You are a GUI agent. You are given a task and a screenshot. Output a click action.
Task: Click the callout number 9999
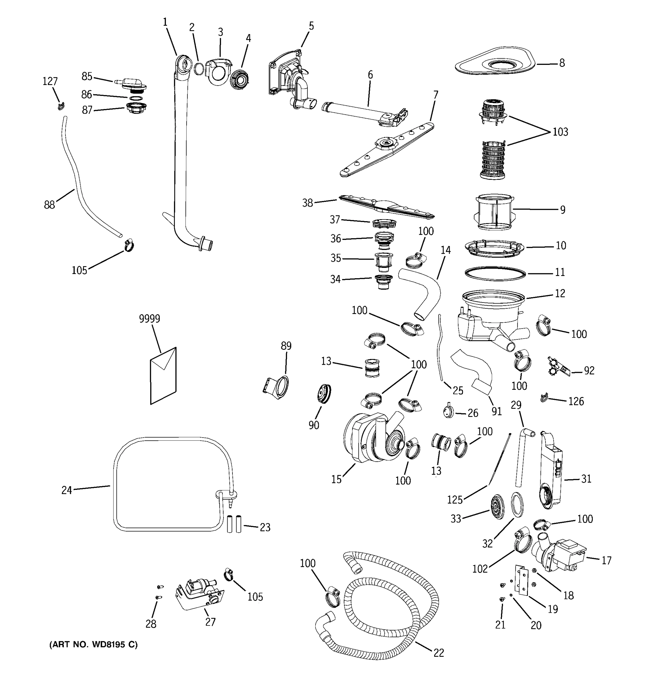click(149, 319)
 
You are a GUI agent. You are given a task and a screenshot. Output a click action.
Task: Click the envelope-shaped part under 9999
click(163, 376)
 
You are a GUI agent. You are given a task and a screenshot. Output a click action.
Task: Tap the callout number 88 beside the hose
click(49, 205)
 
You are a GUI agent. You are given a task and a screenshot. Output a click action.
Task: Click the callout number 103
click(560, 132)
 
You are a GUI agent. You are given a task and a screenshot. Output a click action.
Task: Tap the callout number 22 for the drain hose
click(439, 653)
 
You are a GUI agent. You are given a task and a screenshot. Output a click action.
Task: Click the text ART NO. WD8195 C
click(93, 645)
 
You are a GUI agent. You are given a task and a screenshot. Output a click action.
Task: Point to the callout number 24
click(67, 490)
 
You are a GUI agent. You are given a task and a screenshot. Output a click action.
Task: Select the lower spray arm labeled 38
click(387, 208)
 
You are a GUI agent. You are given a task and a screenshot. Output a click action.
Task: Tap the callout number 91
click(496, 411)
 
